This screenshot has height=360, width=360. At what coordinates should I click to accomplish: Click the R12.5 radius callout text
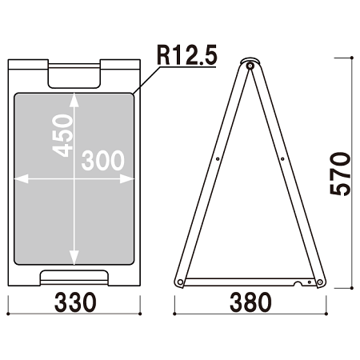tap(187, 55)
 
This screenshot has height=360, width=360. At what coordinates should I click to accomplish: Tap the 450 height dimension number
tap(62, 135)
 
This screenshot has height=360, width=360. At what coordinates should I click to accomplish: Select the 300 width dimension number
tap(103, 160)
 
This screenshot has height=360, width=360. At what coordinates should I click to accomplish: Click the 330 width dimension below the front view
tap(75, 302)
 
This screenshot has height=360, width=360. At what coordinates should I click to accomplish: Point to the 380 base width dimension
tap(250, 302)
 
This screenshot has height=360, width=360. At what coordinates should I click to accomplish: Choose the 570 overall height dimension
tap(340, 174)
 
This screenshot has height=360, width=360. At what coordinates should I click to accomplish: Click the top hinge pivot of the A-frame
tap(250, 66)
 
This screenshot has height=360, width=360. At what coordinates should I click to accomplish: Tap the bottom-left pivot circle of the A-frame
tap(180, 282)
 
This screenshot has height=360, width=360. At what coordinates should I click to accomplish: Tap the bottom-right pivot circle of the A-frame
tap(320, 282)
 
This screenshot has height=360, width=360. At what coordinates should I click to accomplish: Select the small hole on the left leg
tap(218, 159)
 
